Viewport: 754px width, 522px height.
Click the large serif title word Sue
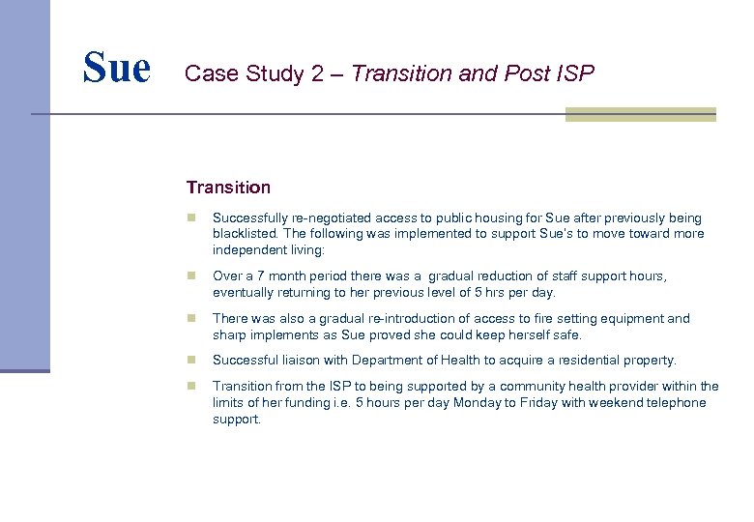[x=117, y=68]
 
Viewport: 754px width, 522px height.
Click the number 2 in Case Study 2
[x=317, y=73]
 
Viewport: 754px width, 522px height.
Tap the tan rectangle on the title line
[x=640, y=115]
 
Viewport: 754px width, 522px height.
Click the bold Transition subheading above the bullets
[x=228, y=188]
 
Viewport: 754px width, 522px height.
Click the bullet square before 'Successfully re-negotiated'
[x=192, y=218]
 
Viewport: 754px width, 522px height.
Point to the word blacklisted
[x=247, y=234]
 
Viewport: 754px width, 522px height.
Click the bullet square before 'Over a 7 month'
[x=192, y=276]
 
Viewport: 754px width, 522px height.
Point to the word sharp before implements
[x=230, y=334]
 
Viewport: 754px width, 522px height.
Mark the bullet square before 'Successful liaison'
[x=192, y=361]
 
